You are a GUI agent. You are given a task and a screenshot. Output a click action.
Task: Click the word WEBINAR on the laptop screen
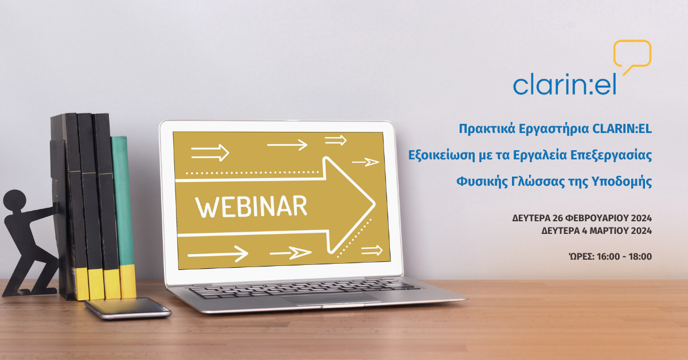(x=251, y=207)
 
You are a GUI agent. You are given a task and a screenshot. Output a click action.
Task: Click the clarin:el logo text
(x=565, y=84)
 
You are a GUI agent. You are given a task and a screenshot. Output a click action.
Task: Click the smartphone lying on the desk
(x=128, y=308)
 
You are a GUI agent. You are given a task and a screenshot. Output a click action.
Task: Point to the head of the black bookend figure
(x=14, y=201)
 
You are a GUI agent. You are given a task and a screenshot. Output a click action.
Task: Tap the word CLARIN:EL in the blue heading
(x=621, y=129)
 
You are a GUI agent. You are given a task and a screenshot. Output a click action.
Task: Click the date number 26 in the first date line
(x=557, y=218)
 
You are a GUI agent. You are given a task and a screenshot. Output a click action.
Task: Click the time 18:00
(x=640, y=256)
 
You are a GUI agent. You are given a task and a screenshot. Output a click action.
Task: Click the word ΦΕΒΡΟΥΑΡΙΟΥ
(x=596, y=218)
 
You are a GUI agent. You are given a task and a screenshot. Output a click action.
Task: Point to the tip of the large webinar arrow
(x=375, y=204)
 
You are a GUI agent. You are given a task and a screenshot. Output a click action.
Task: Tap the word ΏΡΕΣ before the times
(x=581, y=256)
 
